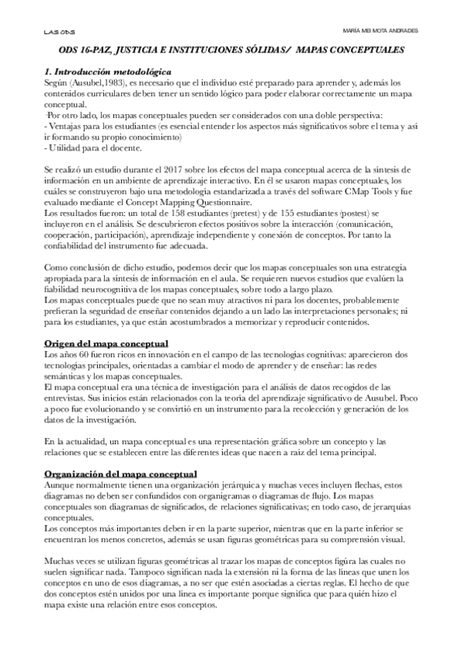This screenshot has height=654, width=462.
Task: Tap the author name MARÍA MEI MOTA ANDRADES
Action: (380, 30)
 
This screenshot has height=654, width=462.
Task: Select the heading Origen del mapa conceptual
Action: (107, 342)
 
